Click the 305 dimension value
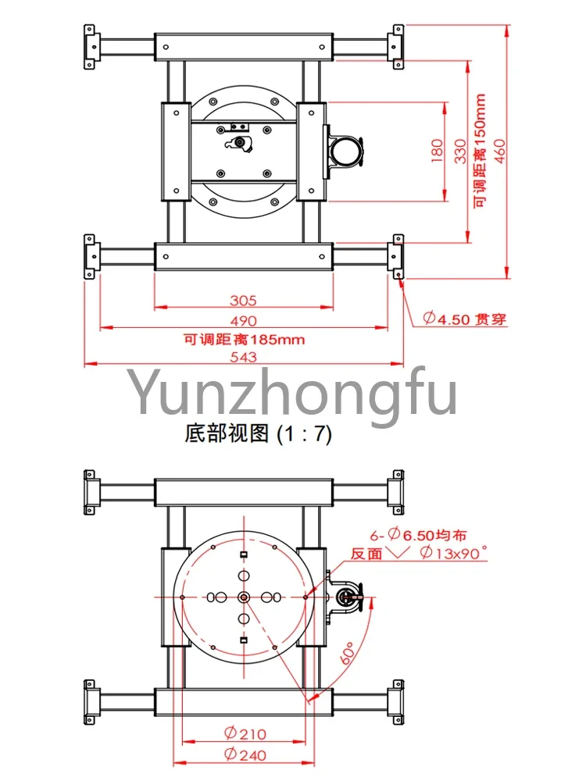[x=243, y=301]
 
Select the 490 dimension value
[x=243, y=321]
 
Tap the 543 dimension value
[x=243, y=357]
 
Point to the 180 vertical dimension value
[x=437, y=151]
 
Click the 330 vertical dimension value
[x=460, y=151]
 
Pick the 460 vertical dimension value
[x=500, y=151]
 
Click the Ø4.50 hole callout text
[x=464, y=319]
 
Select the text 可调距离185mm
[x=244, y=340]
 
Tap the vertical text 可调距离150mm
[x=480, y=151]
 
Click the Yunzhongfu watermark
[x=292, y=394]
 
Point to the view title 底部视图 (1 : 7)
[x=258, y=433]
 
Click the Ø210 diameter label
[x=245, y=733]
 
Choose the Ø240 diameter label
[x=245, y=755]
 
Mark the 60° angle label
[x=348, y=653]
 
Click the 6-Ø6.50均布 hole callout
[x=418, y=536]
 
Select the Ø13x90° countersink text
[x=453, y=553]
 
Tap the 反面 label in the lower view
[x=366, y=554]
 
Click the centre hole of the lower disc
[x=244, y=597]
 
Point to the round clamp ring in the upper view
[x=345, y=152]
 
